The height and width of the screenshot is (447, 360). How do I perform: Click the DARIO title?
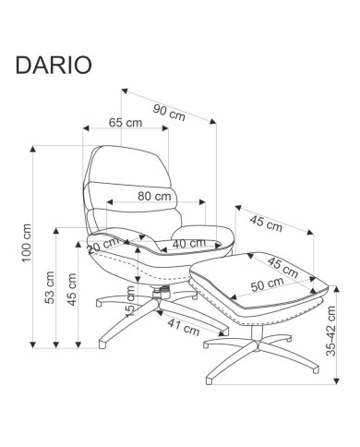tap(54, 65)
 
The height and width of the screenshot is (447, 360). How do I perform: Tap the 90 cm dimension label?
tap(169, 113)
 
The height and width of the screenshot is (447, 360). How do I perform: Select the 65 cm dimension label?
tap(126, 123)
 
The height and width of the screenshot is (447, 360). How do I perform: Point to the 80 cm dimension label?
tap(154, 196)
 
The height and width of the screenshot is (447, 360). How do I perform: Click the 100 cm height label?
tap(27, 243)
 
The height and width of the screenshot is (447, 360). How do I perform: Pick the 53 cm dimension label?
tap(50, 287)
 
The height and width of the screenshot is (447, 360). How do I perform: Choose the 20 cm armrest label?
tap(103, 246)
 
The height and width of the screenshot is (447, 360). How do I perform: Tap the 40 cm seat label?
tap(189, 244)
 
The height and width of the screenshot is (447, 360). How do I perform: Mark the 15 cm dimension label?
tap(130, 301)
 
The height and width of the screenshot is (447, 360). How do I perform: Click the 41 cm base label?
tap(184, 326)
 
